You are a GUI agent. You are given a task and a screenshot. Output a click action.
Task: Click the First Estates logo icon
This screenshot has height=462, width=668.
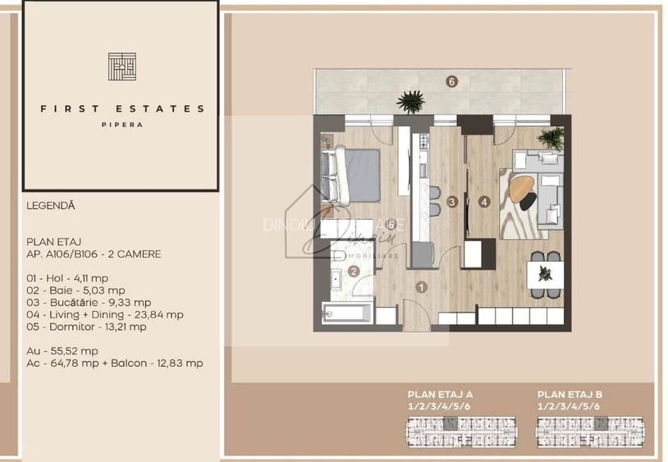click(121, 66)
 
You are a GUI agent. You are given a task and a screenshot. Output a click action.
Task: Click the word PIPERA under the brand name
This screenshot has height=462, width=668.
click(121, 125)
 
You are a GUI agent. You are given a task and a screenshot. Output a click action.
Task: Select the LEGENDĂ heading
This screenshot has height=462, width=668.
click(51, 206)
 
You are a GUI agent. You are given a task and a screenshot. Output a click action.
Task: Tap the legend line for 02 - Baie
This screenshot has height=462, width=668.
click(75, 290)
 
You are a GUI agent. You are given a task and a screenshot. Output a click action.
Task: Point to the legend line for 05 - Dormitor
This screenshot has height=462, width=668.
click(87, 326)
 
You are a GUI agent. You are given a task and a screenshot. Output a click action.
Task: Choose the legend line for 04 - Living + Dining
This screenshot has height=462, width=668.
click(105, 313)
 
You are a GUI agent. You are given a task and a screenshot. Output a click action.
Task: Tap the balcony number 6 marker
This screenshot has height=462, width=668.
click(451, 80)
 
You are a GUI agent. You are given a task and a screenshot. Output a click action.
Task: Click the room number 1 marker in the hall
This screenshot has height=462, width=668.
click(421, 287)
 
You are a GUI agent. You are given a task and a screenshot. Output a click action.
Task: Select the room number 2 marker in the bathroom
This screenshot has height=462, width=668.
click(354, 272)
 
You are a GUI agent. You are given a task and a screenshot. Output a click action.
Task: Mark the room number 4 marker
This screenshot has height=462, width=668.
click(484, 201)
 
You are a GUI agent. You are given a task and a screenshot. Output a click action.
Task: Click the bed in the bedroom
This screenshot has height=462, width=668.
click(350, 175)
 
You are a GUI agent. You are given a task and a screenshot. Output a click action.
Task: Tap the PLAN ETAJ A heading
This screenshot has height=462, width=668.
click(440, 395)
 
